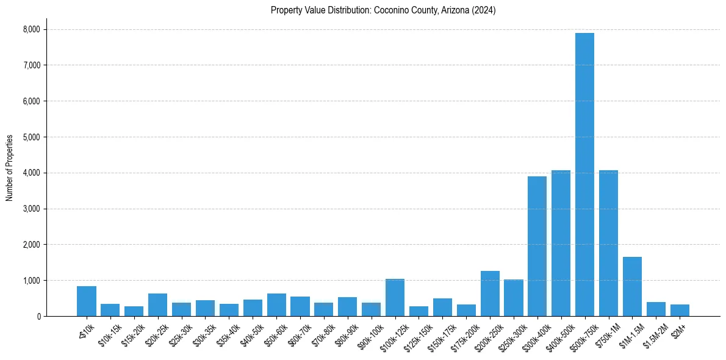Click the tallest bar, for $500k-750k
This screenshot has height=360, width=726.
(584, 175)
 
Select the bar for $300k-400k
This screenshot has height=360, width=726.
(537, 247)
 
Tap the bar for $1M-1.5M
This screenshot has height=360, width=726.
(632, 287)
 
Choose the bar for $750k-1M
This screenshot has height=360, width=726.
(608, 243)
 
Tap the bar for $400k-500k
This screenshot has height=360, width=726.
(561, 243)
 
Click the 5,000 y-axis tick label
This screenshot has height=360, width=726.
(31, 137)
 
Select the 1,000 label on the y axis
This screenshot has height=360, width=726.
(31, 281)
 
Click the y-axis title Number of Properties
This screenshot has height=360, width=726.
(10, 167)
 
